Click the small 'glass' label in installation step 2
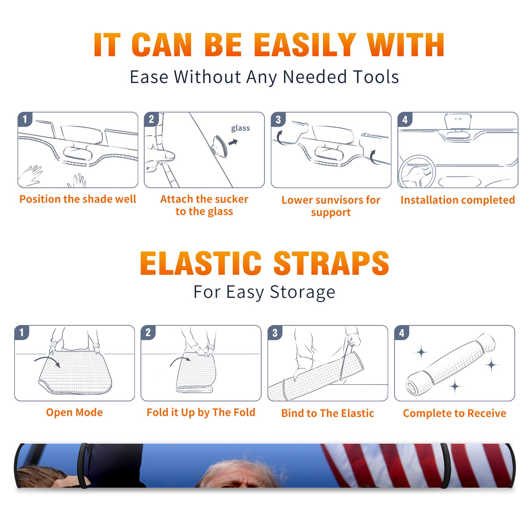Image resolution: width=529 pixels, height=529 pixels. pos(240,128)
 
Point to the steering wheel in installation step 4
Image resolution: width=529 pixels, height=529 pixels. pos(417,172)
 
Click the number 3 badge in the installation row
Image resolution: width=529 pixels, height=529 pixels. pos(278,119)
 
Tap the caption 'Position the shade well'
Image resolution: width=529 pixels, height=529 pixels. pos(78,199)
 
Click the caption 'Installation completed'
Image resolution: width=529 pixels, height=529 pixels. pos(458,200)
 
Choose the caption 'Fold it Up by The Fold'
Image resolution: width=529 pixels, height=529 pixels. pos(201,412)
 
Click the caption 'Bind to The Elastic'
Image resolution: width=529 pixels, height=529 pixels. pos(328,413)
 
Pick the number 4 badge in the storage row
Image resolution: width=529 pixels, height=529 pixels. pos(402,333)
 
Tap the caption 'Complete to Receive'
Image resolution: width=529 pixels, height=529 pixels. pos(455,413)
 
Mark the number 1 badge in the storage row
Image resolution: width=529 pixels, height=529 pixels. pos(22,333)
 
